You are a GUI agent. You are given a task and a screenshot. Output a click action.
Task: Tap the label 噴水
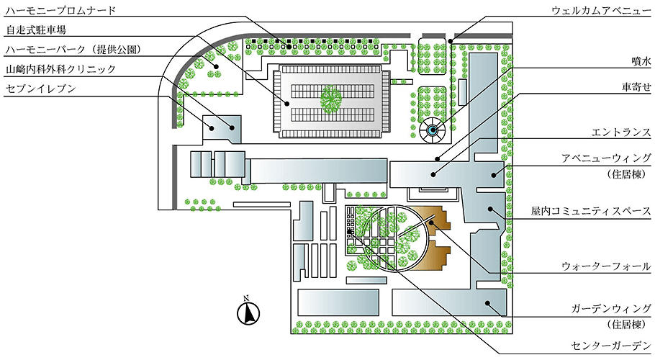click(641, 63)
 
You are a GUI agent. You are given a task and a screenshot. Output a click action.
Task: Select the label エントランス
click(621, 132)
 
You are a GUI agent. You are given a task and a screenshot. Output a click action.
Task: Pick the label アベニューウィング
click(607, 158)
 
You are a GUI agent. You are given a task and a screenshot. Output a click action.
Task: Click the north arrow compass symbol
click(246, 312)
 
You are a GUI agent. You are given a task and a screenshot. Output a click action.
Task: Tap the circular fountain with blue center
click(433, 130)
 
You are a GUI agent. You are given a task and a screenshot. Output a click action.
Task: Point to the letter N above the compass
click(246, 298)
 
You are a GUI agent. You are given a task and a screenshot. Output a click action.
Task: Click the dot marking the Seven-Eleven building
click(232, 128)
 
